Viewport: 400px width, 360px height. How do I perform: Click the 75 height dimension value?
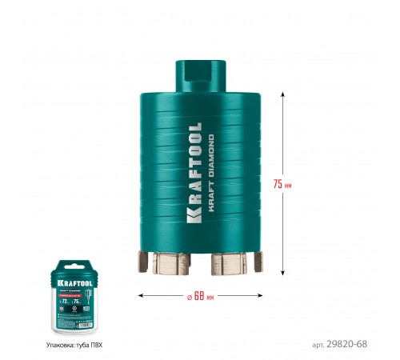277,184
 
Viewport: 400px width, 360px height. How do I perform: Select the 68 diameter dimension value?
199,295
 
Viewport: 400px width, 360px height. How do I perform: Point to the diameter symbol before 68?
187,295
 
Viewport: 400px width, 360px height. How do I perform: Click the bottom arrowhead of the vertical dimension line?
283,274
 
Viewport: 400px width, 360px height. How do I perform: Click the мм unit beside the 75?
288,185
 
